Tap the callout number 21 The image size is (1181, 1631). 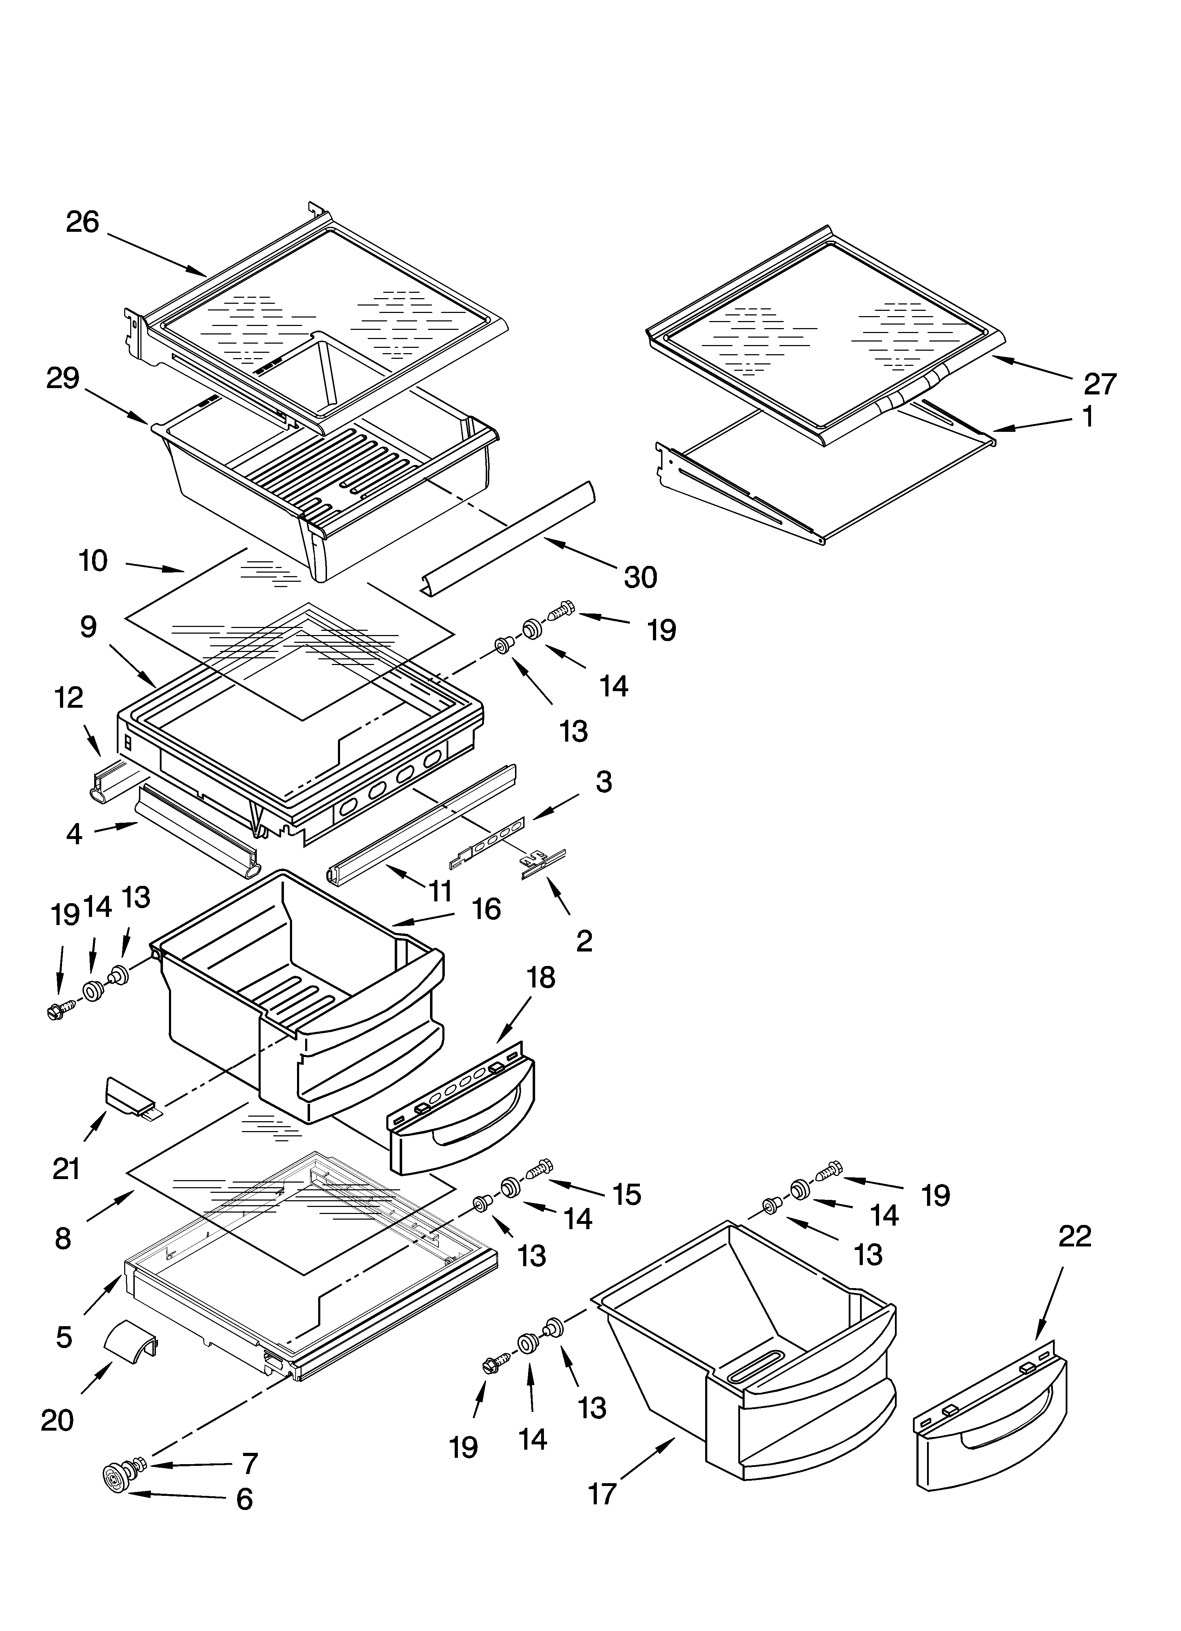66,1168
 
